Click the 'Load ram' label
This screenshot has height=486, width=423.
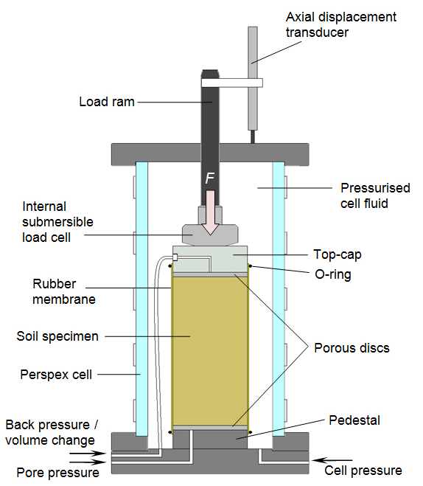(x=107, y=102)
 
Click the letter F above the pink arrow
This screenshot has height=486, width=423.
(x=211, y=179)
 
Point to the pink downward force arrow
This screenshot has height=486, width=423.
(x=211, y=210)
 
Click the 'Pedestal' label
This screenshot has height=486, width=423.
(x=354, y=420)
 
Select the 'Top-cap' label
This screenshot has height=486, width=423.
(x=338, y=254)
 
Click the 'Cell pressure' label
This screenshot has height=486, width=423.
(x=364, y=470)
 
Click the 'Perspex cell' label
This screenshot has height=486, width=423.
(x=56, y=374)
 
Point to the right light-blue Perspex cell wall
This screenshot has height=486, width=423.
(x=279, y=295)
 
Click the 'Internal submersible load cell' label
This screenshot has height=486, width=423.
(x=58, y=221)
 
